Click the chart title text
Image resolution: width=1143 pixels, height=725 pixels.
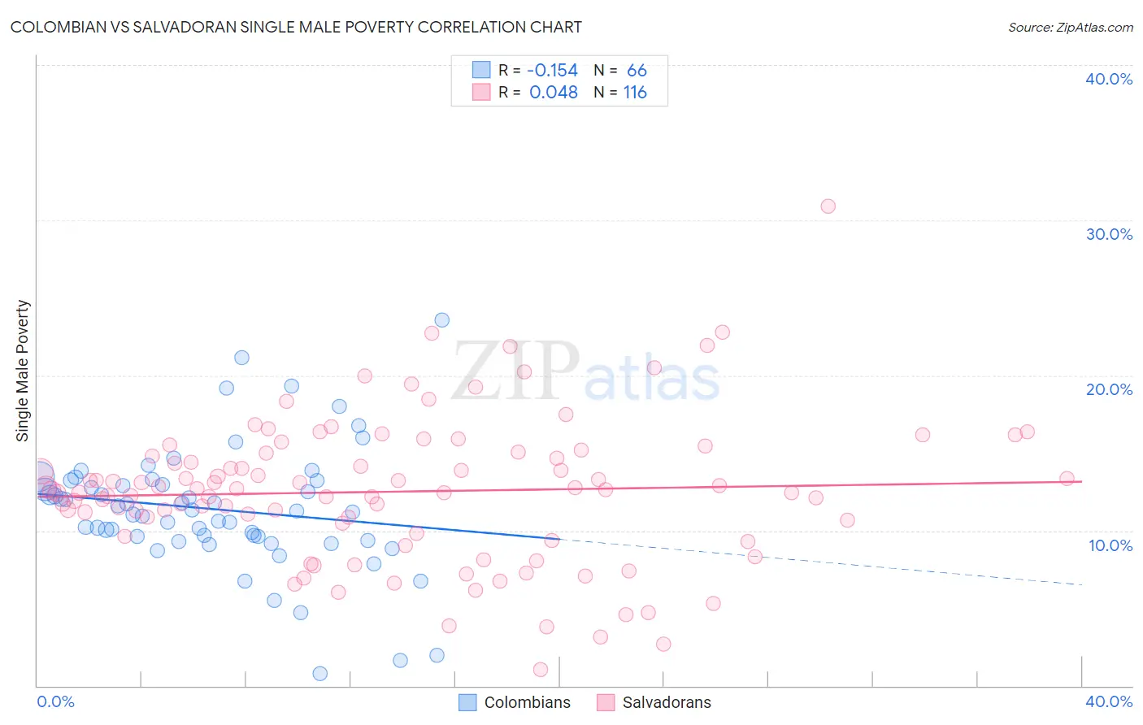click(x=296, y=27)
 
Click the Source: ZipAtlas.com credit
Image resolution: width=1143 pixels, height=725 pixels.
click(x=1070, y=27)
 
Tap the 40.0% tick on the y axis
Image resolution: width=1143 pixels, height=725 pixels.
click(x=1109, y=79)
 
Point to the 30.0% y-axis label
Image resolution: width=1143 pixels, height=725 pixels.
click(x=1109, y=234)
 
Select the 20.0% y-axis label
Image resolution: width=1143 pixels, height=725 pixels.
click(x=1109, y=389)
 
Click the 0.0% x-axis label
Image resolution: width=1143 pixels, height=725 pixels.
click(x=55, y=701)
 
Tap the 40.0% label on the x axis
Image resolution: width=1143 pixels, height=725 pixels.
click(x=1109, y=701)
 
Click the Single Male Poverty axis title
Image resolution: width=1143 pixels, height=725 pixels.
click(x=23, y=371)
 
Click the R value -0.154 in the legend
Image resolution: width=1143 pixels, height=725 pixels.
click(x=552, y=71)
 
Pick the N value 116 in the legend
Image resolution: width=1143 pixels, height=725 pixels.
click(x=635, y=93)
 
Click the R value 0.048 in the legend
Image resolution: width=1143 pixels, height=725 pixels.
click(x=553, y=93)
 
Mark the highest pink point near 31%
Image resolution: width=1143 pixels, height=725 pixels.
click(x=828, y=206)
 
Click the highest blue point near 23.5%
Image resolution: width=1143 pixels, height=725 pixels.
click(x=441, y=320)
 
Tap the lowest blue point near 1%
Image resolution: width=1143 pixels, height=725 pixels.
click(x=319, y=674)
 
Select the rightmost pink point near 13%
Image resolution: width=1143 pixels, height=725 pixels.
click(x=1067, y=479)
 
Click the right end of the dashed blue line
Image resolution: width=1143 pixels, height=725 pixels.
click(x=1081, y=584)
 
